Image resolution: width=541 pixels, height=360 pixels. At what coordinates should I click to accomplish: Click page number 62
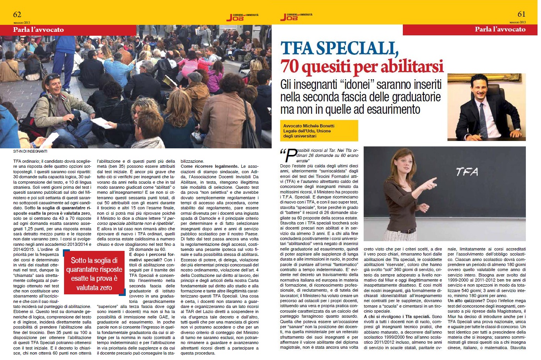click(x=17, y=14)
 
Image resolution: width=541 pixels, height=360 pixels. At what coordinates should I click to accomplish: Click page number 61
click(x=521, y=14)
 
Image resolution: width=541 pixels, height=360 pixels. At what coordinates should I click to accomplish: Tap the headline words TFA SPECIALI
click(x=340, y=48)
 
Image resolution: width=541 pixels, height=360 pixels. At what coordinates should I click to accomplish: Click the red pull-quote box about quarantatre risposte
click(x=94, y=274)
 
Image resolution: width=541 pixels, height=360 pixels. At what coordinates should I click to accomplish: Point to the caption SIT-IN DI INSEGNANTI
click(x=30, y=151)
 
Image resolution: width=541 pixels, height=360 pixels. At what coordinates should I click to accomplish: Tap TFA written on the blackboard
click(x=467, y=171)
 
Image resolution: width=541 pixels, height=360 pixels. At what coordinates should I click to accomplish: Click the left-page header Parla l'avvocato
click(x=38, y=30)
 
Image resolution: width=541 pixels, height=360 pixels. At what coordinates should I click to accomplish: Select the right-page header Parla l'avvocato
click(x=500, y=29)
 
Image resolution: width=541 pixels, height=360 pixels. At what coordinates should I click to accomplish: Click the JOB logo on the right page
click(x=296, y=16)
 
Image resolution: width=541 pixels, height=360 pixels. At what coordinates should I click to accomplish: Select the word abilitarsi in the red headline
click(x=412, y=66)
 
